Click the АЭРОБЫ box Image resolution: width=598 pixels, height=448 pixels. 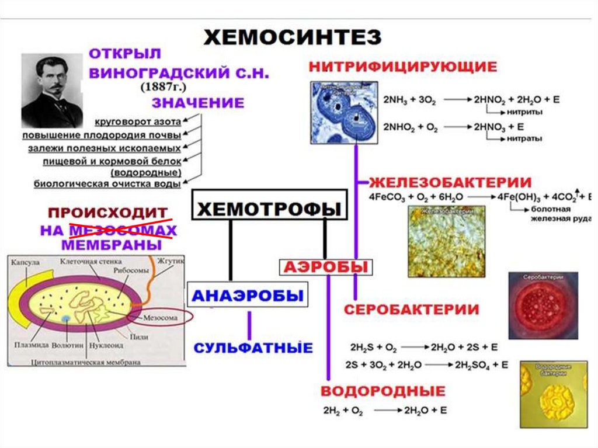coord(325,267)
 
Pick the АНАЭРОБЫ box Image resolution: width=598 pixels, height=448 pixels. coord(248,296)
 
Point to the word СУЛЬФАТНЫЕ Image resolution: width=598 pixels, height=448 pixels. coord(253,348)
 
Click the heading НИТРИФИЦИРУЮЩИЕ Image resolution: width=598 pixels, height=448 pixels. coord(403,66)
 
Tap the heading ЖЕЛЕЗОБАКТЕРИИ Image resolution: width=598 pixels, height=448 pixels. coord(449,182)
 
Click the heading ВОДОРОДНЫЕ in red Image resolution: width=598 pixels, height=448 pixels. coord(383,391)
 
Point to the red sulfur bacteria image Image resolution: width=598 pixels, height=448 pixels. coord(543,305)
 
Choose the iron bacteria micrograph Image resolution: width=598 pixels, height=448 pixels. coord(447,239)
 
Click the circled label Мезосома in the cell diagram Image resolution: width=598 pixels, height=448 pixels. coord(159,317)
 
